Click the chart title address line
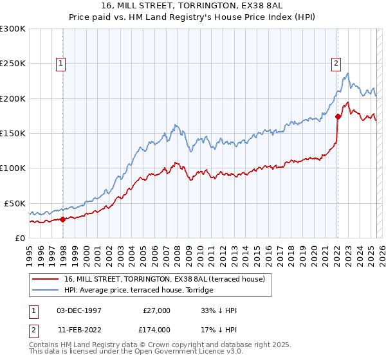pyautogui.click(x=193, y=5)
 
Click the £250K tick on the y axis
pyautogui.click(x=13, y=64)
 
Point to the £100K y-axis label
pyautogui.click(x=13, y=168)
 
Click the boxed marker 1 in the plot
pyautogui.click(x=60, y=63)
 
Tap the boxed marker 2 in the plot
pyautogui.click(x=336, y=63)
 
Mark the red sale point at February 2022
pyautogui.click(x=338, y=116)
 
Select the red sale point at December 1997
pyautogui.click(x=62, y=219)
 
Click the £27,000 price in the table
pyautogui.click(x=156, y=310)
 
